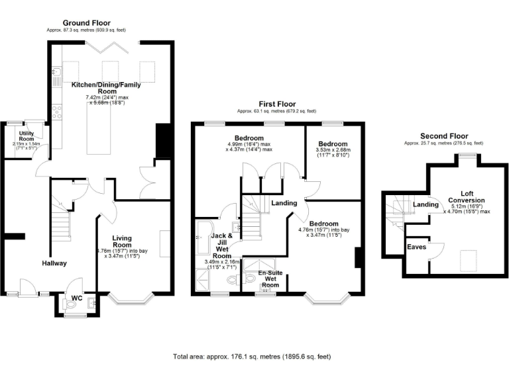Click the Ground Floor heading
pos(86,23)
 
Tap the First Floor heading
pos(276,104)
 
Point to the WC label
pos(76,298)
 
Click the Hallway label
pos(54,263)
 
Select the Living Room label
pos(123,241)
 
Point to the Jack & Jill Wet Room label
pos(221,245)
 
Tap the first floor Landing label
pos(284,203)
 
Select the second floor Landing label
pos(425,204)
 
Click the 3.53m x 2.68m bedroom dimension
pos(333,155)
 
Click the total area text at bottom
pos(252,357)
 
